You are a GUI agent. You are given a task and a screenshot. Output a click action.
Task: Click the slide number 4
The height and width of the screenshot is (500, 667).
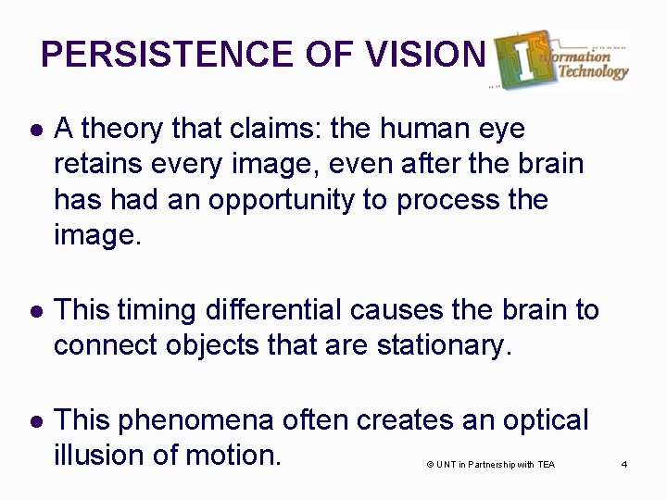(x=624, y=464)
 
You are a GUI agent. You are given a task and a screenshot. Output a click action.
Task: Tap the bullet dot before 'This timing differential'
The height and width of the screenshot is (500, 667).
(x=33, y=309)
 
